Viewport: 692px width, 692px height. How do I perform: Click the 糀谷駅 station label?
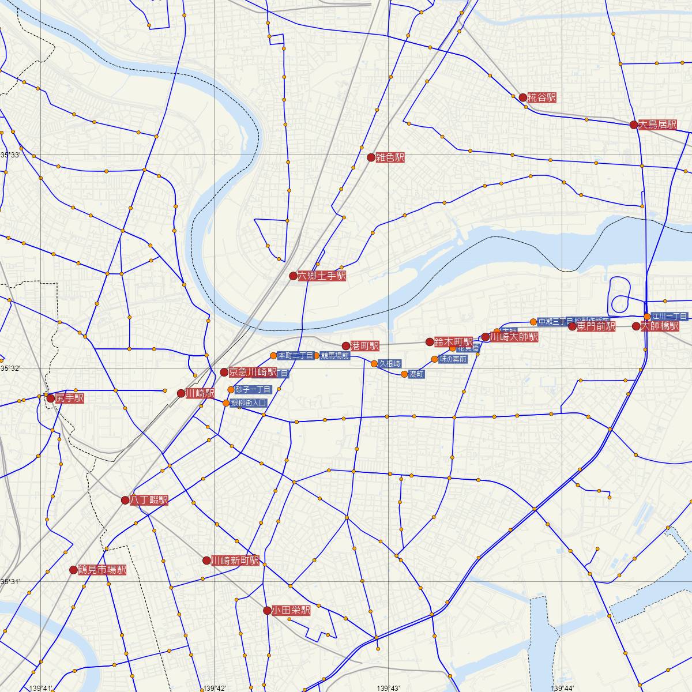pyautogui.click(x=542, y=98)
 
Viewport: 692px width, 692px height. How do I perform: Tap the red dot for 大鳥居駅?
pyautogui.click(x=634, y=125)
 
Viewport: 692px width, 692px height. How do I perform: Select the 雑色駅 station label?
pyautogui.click(x=390, y=157)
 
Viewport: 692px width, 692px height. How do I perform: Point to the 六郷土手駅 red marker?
pyautogui.click(x=293, y=276)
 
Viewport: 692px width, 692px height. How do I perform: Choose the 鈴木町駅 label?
pyautogui.click(x=453, y=341)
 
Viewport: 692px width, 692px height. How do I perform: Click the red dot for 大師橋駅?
pyautogui.click(x=635, y=326)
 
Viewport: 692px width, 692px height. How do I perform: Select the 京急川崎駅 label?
pyautogui.click(x=253, y=372)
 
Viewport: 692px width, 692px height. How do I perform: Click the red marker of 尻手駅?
pyautogui.click(x=51, y=398)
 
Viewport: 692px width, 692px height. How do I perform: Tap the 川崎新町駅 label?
pyautogui.click(x=235, y=561)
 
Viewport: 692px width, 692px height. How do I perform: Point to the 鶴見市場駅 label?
pyautogui.click(x=102, y=570)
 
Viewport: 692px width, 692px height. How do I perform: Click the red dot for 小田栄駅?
pyautogui.click(x=267, y=610)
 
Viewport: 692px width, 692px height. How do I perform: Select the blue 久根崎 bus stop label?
pyautogui.click(x=389, y=363)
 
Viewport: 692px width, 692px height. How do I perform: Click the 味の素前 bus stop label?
pyautogui.click(x=453, y=359)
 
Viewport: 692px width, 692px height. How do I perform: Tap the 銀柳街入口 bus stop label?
pyautogui.click(x=248, y=403)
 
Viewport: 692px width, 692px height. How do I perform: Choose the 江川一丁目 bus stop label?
pyautogui.click(x=669, y=317)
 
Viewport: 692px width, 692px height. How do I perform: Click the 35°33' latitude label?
pyautogui.click(x=10, y=155)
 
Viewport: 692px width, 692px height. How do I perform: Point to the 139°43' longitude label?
pyautogui.click(x=390, y=687)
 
